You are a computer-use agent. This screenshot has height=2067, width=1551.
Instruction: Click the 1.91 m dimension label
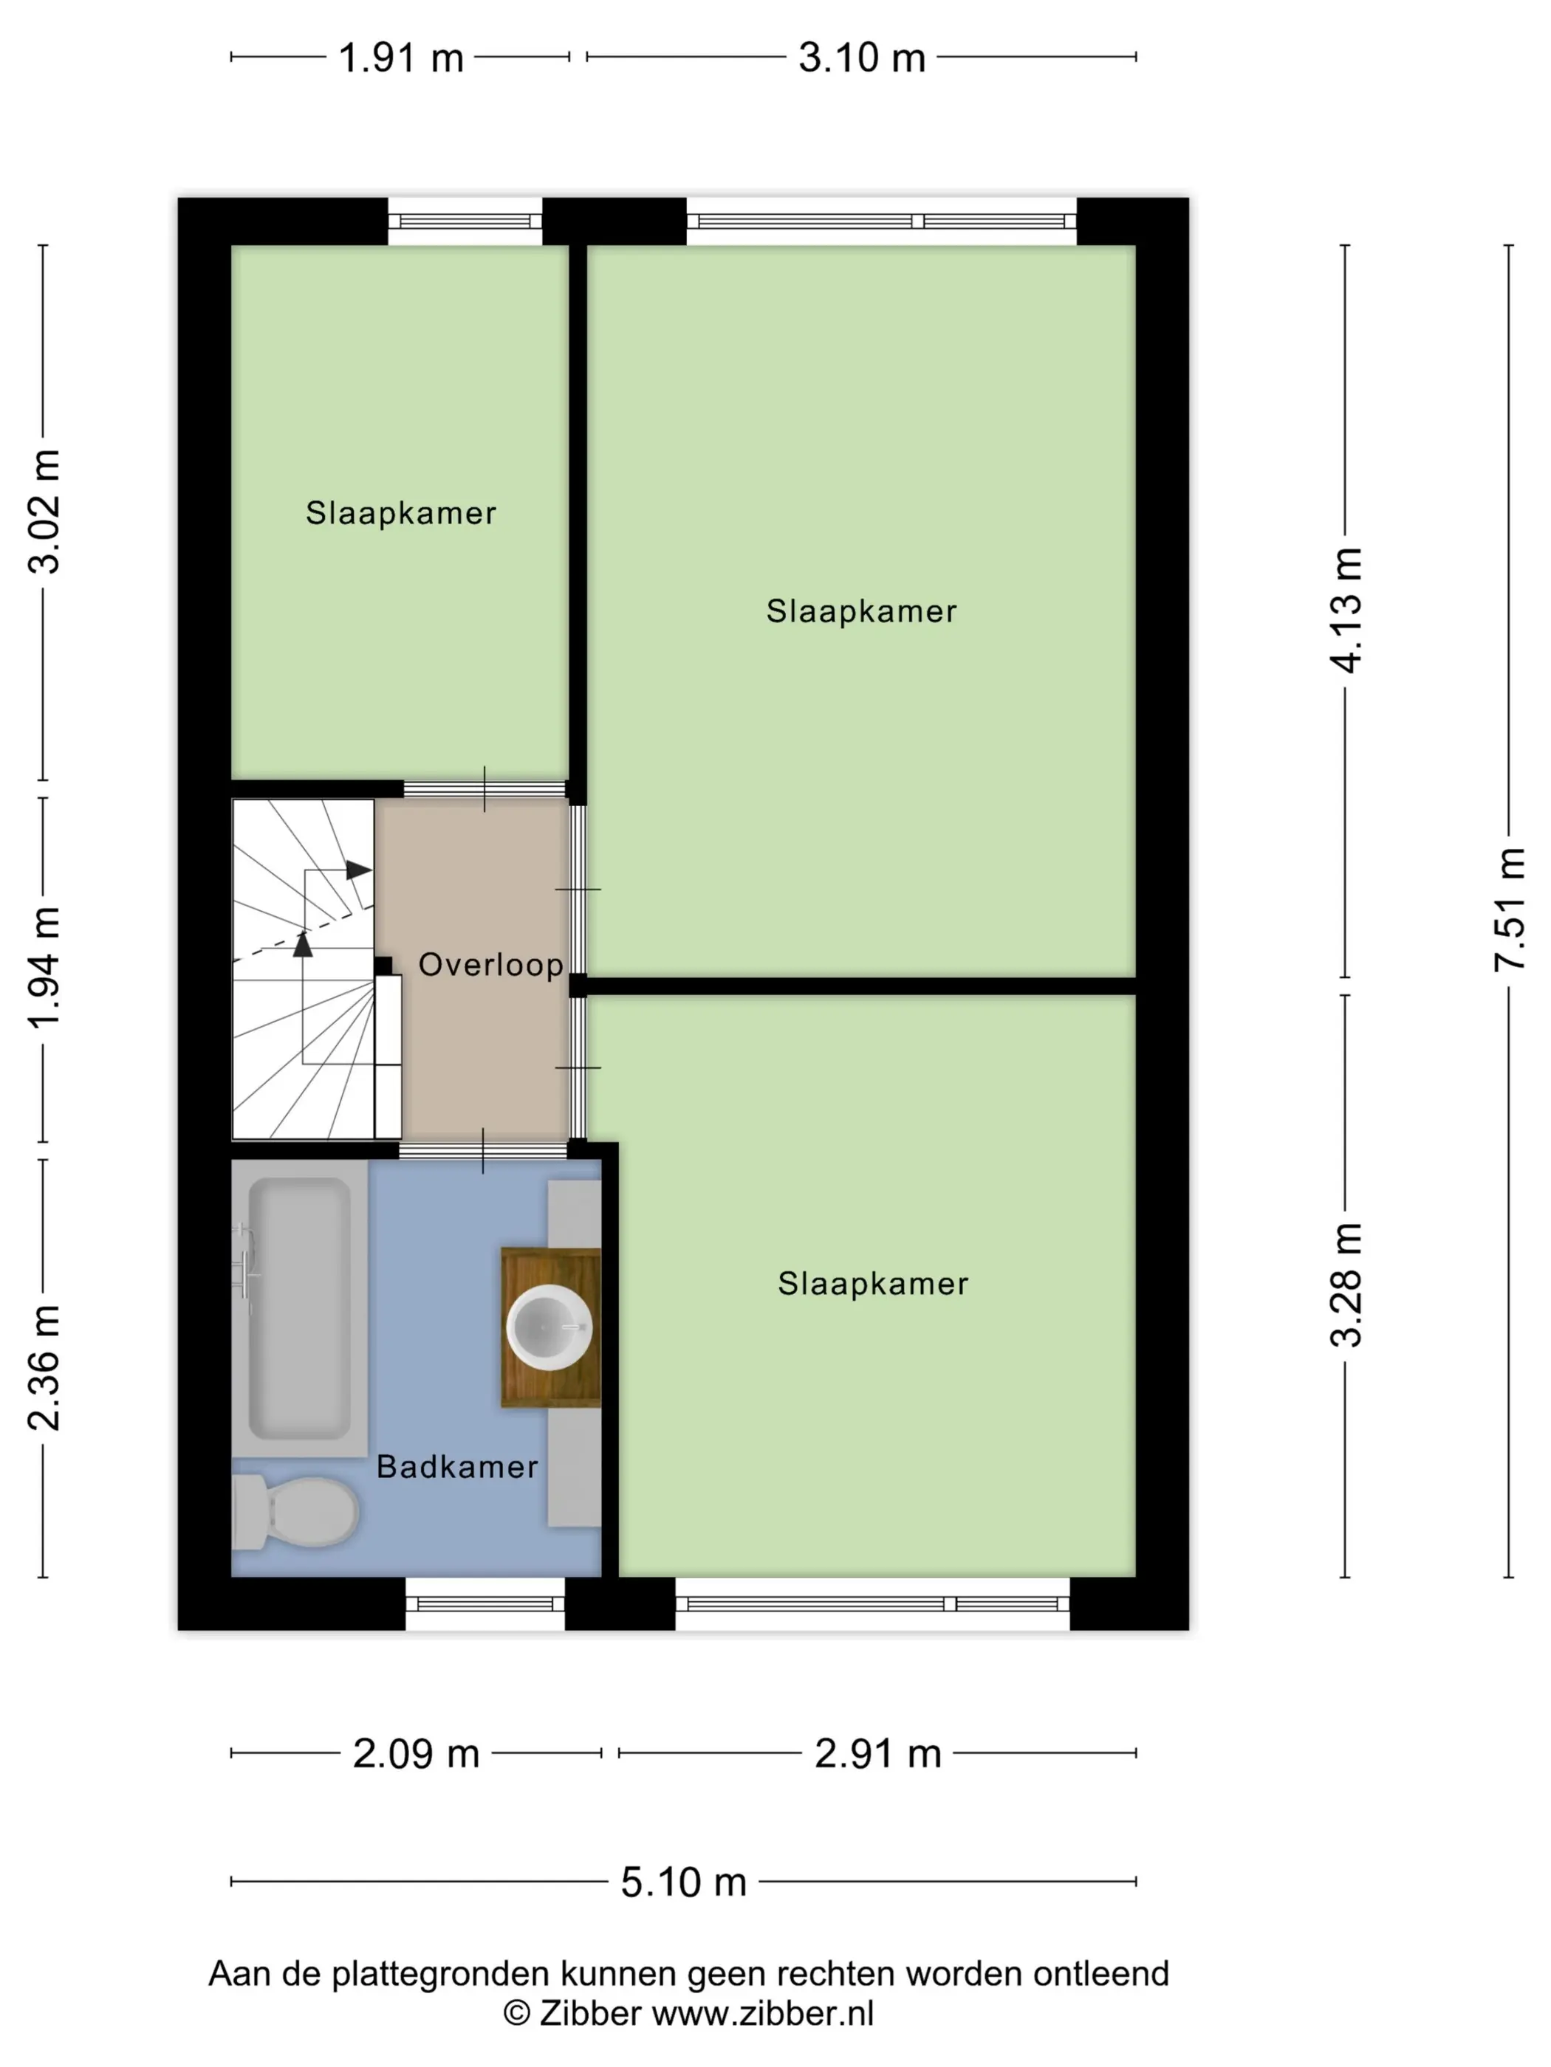(x=400, y=58)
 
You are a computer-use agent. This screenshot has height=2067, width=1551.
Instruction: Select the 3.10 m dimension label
(x=861, y=58)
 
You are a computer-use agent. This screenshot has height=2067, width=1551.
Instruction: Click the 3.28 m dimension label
(x=1346, y=1284)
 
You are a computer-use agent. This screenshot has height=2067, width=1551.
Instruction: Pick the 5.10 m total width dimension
(x=683, y=1882)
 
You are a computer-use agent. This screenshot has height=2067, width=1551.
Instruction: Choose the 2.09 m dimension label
(x=415, y=1753)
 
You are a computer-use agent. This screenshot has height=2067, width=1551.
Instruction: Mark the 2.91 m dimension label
(x=877, y=1753)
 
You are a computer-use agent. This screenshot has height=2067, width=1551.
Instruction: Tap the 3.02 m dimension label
(x=43, y=510)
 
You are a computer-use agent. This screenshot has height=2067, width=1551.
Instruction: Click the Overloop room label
(x=490, y=964)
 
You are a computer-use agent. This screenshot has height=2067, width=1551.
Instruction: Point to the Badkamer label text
(x=456, y=1466)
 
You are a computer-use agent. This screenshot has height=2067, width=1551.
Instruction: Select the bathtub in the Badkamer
(x=299, y=1307)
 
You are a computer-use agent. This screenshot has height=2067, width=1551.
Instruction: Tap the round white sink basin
(x=549, y=1327)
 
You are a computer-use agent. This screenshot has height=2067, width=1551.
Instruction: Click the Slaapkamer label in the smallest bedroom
(x=400, y=512)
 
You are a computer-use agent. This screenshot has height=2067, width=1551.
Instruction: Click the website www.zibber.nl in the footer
(x=762, y=2014)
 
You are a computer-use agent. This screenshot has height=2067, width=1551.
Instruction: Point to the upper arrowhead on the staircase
(x=357, y=870)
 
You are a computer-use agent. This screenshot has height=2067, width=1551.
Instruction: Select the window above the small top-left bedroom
(x=465, y=221)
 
